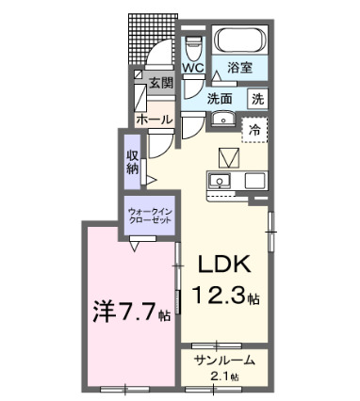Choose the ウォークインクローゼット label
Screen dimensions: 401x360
pos(146,215)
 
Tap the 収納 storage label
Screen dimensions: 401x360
pos(133,162)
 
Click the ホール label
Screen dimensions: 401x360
pos(154,120)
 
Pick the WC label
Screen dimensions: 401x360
pos(194,69)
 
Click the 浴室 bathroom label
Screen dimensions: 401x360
pos(239,68)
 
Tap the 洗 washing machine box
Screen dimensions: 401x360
pos(256,97)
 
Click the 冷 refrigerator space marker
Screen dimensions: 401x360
pos(254,131)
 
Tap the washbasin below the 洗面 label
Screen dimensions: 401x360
pos(222,119)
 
